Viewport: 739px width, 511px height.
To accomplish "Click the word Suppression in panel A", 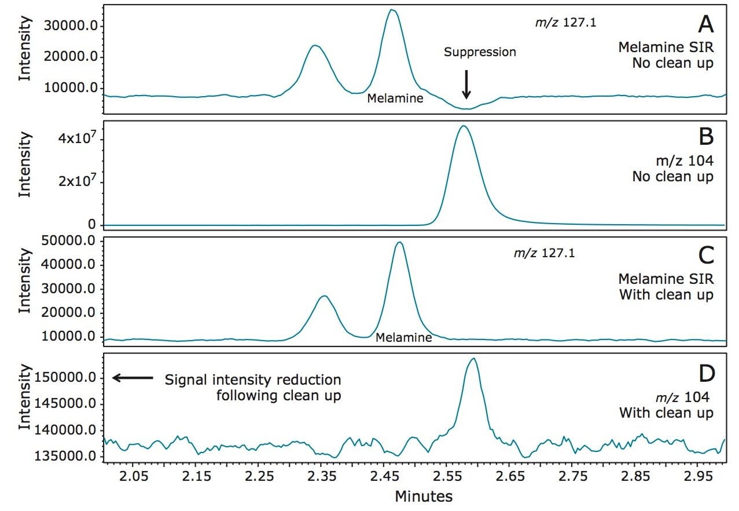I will click(x=480, y=52).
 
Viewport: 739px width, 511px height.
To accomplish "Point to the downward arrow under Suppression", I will click(x=466, y=85).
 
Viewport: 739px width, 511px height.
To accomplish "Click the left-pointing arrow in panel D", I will click(x=133, y=378).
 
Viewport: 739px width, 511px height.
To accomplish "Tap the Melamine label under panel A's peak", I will click(x=395, y=98).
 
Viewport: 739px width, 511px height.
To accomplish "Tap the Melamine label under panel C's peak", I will click(x=403, y=337).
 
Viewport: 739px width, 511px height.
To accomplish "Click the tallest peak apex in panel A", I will click(x=392, y=10).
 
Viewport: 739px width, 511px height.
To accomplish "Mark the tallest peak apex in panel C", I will click(x=399, y=242).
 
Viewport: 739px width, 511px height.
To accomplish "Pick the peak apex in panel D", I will click(x=473, y=359).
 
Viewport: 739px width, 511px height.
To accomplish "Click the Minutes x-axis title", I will click(x=424, y=496).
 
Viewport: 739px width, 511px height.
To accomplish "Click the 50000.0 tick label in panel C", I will click(x=69, y=241).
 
